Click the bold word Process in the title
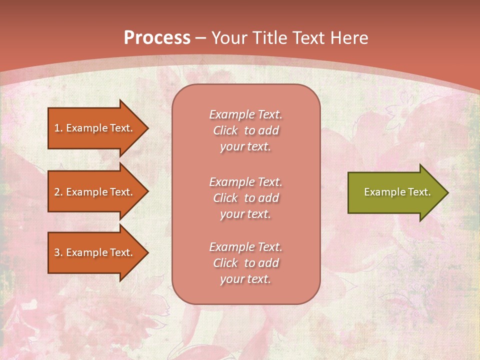[x=157, y=38]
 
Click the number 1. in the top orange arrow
[x=58, y=128]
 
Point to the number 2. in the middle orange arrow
[x=58, y=192]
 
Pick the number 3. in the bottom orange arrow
[x=58, y=252]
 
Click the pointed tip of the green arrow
[x=447, y=192]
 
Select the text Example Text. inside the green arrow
[x=397, y=192]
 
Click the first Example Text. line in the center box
[x=245, y=114]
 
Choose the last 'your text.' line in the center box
[x=245, y=279]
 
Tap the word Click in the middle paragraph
[x=225, y=198]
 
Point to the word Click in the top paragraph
[x=225, y=131]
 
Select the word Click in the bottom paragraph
[x=225, y=263]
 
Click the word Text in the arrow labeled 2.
[x=121, y=192]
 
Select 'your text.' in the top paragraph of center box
[x=245, y=147]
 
